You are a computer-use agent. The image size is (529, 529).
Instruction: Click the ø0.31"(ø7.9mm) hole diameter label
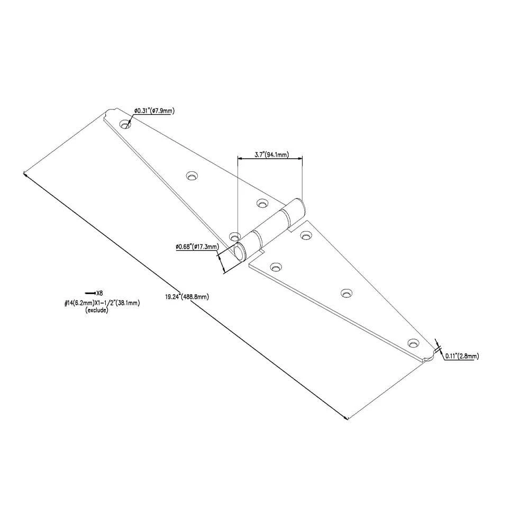point(154,111)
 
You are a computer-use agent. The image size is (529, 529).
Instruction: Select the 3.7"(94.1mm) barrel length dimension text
point(271,155)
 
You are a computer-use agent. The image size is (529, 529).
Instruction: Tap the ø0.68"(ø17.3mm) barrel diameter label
point(197,247)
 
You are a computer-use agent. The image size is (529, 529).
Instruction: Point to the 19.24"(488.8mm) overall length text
point(187,297)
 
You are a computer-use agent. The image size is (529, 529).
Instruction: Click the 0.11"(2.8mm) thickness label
point(462,355)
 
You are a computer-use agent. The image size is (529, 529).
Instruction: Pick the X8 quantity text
point(99,293)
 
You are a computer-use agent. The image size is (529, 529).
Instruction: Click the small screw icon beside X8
point(90,293)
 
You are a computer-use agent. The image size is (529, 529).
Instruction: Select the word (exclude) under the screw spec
point(97,309)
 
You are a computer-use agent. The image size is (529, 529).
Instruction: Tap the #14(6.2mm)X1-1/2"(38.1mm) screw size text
point(102,303)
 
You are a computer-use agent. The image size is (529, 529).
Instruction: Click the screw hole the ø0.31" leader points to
point(125,124)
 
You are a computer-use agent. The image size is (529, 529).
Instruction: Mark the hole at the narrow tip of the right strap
point(413,343)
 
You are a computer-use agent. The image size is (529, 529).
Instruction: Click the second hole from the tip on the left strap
point(192,176)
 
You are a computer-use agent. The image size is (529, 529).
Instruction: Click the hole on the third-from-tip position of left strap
point(262,204)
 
